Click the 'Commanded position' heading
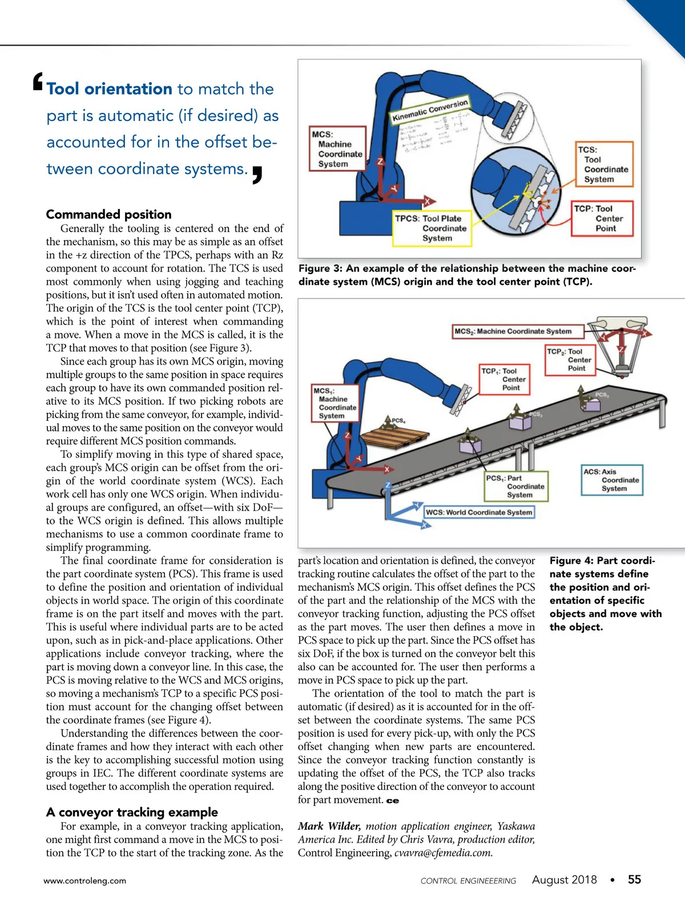108,215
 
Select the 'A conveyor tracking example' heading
132,812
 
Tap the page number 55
634,880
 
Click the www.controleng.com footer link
84,881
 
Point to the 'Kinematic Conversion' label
430,110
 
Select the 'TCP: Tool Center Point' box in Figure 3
603,219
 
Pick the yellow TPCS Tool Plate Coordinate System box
432,228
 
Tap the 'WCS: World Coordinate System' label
479,512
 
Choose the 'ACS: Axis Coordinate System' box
612,480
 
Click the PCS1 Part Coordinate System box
516,487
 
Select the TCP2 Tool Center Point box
570,360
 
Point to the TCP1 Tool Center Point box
505,379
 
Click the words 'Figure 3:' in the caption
321,268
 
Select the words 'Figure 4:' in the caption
571,561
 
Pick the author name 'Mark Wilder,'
329,826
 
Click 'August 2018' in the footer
564,880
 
